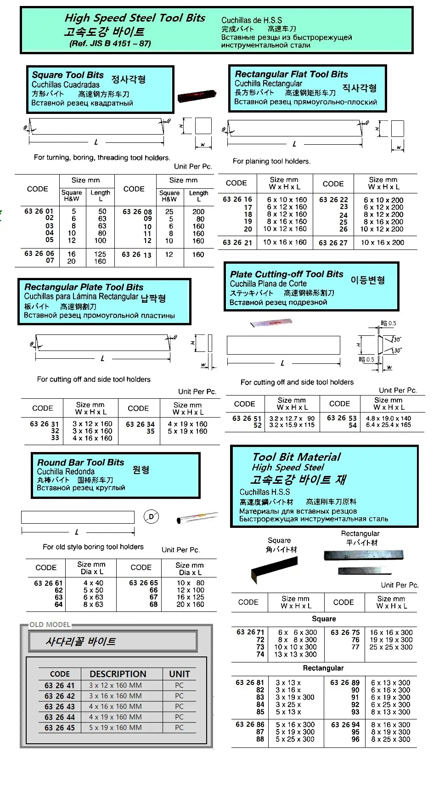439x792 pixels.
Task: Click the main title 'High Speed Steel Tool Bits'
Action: (x=135, y=18)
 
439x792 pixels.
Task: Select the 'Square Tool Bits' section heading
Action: (x=68, y=75)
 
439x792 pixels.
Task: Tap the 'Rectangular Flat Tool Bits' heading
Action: (x=291, y=74)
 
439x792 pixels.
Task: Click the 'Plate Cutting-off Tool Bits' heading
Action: (x=286, y=274)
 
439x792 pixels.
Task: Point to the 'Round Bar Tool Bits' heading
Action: (x=80, y=462)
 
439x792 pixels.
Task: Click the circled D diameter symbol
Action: (x=151, y=517)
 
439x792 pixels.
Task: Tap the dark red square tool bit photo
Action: (x=197, y=96)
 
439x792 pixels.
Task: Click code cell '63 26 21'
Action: (x=237, y=243)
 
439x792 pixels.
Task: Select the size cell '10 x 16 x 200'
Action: (x=382, y=243)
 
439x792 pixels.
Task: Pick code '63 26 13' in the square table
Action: (x=136, y=255)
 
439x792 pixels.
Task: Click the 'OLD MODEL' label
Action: (x=50, y=624)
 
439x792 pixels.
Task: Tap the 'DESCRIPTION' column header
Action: (x=118, y=674)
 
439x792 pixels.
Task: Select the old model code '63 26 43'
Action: (x=60, y=707)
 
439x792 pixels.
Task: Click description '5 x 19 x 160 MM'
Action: (x=115, y=728)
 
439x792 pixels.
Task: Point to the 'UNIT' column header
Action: (x=179, y=674)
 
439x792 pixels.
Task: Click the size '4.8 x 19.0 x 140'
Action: (x=388, y=419)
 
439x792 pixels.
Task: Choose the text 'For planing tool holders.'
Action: (x=271, y=161)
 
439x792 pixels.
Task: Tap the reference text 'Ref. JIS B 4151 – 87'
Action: (x=110, y=44)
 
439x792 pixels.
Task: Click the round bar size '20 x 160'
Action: (x=190, y=605)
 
